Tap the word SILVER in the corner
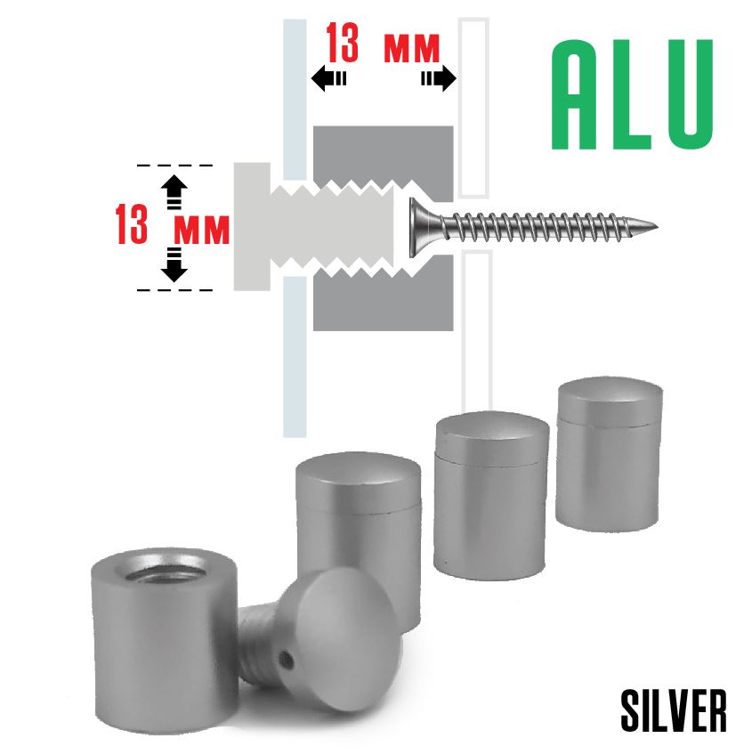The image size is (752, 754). pos(674,710)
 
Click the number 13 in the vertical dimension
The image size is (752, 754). pos(132,225)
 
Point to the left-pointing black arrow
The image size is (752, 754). pos(328,79)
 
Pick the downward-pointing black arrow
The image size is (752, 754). pos(175,264)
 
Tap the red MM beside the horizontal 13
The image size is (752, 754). pos(412,48)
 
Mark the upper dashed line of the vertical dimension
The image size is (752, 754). pos(175,166)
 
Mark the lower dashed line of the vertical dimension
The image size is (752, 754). pos(175,290)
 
